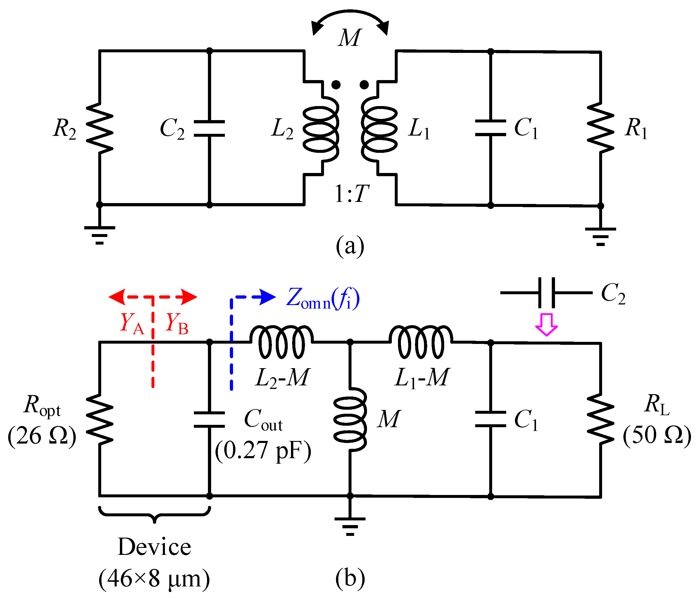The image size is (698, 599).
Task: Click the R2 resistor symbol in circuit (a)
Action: point(99,128)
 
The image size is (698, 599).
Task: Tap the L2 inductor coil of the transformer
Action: point(320,130)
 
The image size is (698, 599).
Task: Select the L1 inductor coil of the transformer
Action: point(379,130)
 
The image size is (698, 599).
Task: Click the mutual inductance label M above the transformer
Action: point(350,38)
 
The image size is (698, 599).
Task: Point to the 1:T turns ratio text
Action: point(351,194)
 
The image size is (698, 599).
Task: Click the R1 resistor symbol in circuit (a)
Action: point(600,128)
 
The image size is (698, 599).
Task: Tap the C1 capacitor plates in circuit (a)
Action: point(490,128)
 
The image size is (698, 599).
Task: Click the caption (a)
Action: point(350,246)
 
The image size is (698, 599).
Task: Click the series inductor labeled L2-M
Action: point(282,342)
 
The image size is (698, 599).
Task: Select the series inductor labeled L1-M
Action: point(421,342)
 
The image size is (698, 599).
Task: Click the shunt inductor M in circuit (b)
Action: point(350,419)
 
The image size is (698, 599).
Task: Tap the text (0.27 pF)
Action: point(263,451)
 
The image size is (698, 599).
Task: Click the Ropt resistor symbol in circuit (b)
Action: point(99,419)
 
